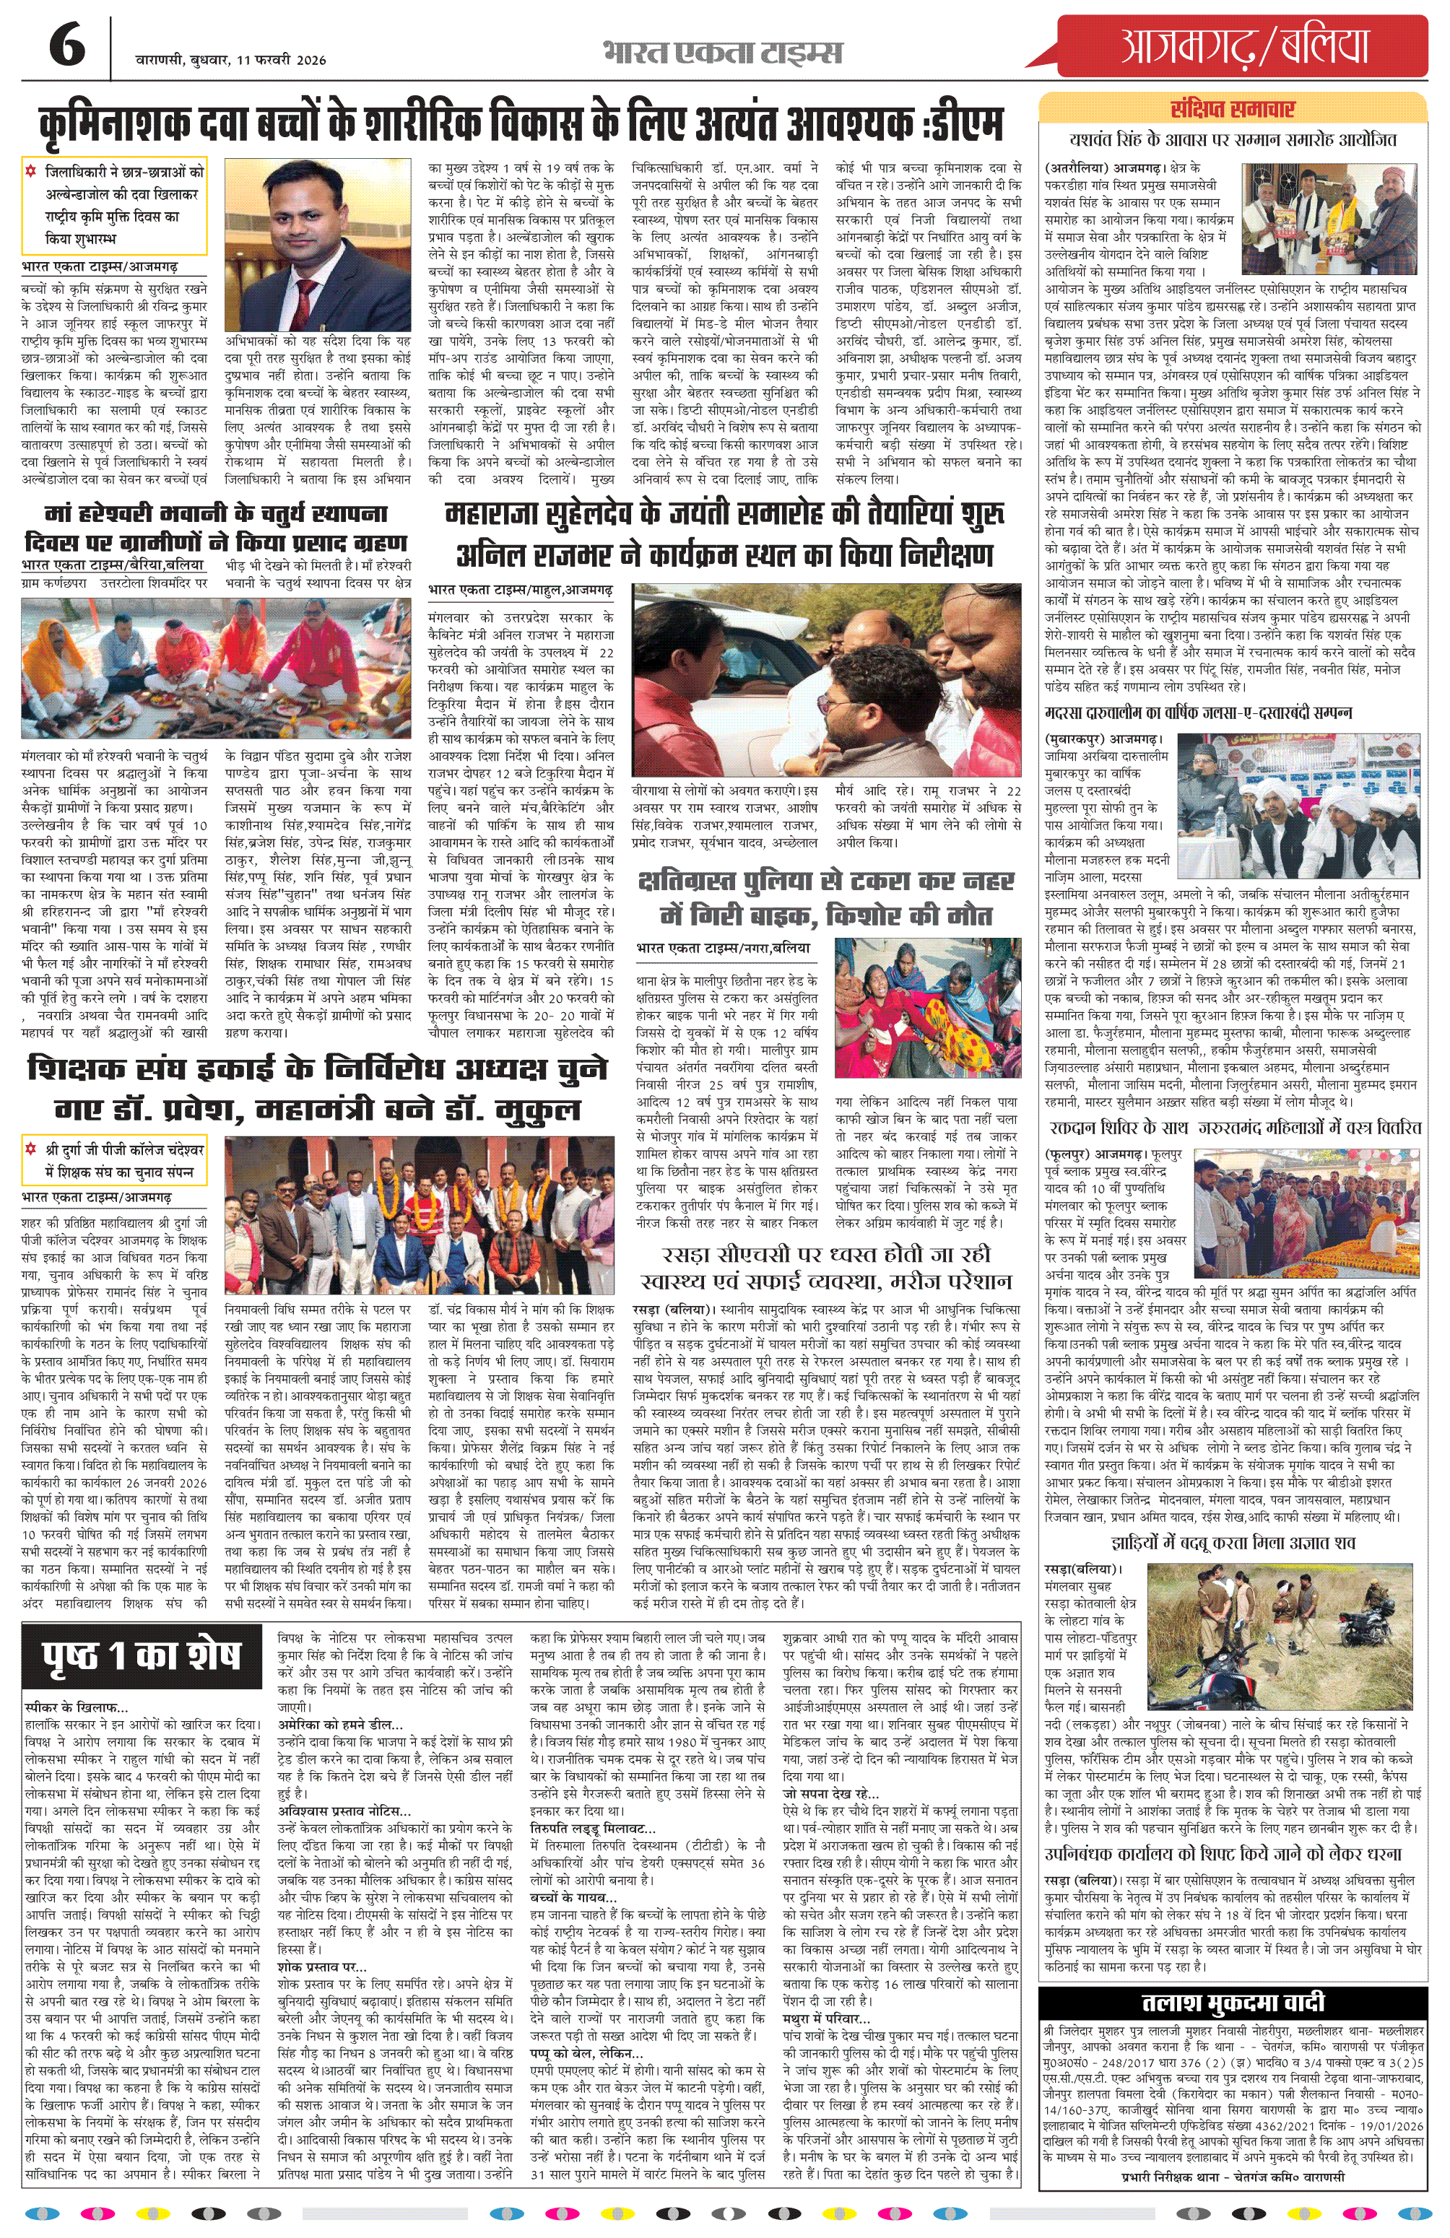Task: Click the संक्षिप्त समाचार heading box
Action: pyautogui.click(x=1232, y=109)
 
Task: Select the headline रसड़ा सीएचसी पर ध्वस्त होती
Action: pyautogui.click(x=825, y=1268)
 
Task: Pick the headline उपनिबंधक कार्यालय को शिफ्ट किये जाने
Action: pyautogui.click(x=1232, y=1852)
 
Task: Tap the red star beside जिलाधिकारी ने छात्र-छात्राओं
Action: pyautogui.click(x=31, y=172)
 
